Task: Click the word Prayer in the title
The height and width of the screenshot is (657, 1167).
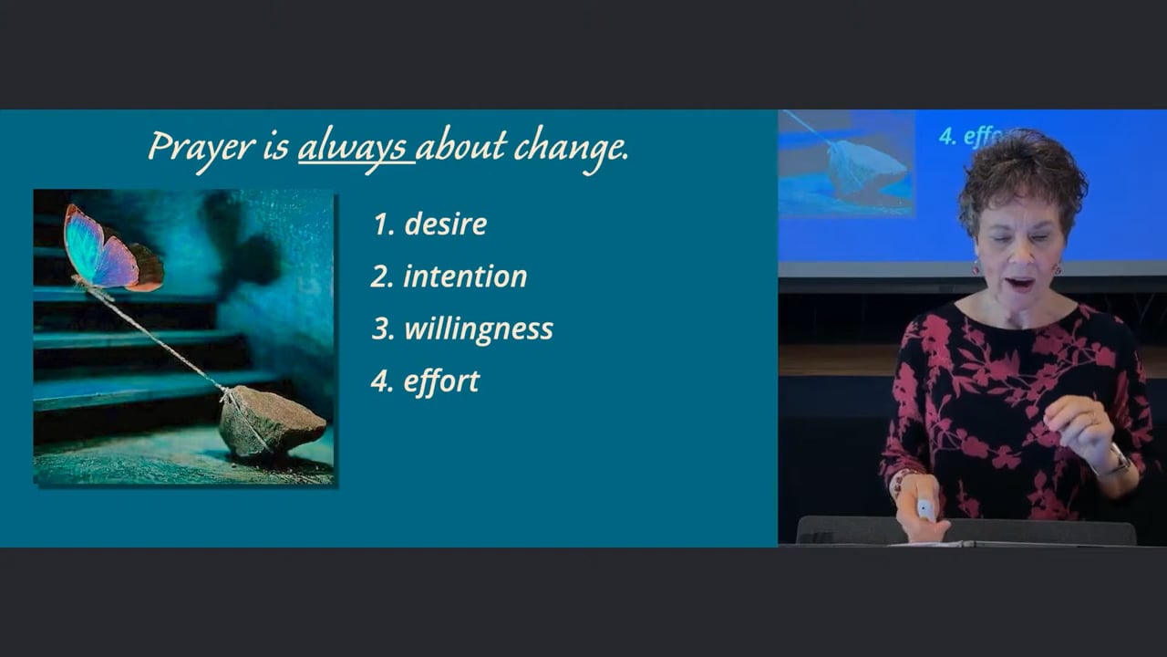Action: click(201, 149)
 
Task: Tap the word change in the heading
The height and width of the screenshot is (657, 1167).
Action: click(571, 149)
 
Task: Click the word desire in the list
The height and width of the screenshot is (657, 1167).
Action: click(446, 224)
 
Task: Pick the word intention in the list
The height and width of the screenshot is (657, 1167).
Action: click(465, 276)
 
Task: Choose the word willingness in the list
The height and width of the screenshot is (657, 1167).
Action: click(479, 329)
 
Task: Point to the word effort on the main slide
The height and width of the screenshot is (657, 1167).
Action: click(441, 381)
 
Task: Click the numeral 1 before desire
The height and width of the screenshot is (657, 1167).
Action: click(381, 224)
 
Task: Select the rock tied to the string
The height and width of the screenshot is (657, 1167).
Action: click(271, 422)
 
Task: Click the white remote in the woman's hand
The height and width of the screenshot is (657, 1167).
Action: click(925, 509)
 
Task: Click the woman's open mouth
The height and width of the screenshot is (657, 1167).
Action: click(1019, 283)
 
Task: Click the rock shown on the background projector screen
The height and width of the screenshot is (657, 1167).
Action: click(866, 170)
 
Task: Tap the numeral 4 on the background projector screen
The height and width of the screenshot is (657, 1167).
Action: click(946, 137)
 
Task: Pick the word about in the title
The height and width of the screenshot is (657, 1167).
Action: click(461, 146)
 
